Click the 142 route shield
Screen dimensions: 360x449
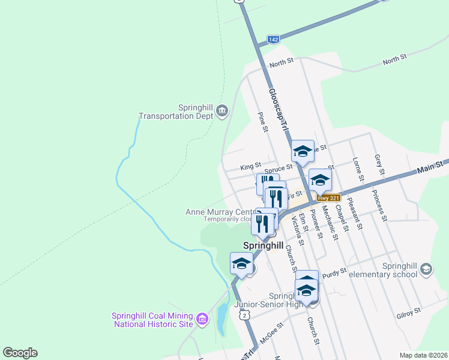(x=273, y=39)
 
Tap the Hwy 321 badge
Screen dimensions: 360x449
(x=329, y=197)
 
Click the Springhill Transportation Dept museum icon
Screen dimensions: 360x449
(x=222, y=110)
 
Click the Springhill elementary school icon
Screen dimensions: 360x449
(x=426, y=268)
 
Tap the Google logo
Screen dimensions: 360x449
(x=20, y=353)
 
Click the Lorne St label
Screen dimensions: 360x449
(x=358, y=169)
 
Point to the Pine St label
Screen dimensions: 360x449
(x=262, y=123)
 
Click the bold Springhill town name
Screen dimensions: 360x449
(x=263, y=245)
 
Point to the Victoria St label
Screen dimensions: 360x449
(x=297, y=230)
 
